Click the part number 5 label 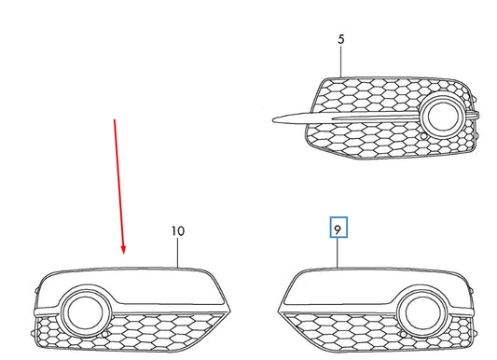[340, 40]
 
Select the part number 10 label [178, 230]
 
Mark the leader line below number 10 [178, 253]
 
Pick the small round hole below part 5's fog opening [426, 137]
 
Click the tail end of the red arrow [115, 119]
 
